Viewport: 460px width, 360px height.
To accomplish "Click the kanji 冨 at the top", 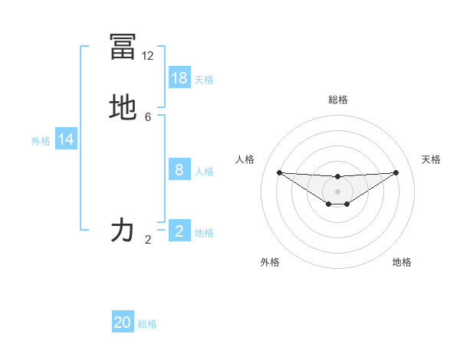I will (123, 47).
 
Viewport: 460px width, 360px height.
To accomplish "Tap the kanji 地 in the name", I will (123, 108).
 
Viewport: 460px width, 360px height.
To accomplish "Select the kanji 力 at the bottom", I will (123, 230).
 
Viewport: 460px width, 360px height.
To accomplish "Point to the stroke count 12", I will (148, 56).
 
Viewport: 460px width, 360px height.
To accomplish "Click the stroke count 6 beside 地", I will (148, 117).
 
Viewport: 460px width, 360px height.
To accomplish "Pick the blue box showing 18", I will (179, 78).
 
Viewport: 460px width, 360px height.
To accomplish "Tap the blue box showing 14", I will (66, 139).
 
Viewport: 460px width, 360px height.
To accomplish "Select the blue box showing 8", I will (179, 170).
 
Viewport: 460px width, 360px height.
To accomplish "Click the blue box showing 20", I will (123, 322).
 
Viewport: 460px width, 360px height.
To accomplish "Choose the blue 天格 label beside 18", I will (204, 79).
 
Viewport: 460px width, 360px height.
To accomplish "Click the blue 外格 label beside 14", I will (41, 140).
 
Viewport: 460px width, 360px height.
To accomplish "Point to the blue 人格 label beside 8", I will (204, 171).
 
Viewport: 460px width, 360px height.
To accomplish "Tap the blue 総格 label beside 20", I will (147, 323).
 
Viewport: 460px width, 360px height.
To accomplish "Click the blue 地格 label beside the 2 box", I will (204, 233).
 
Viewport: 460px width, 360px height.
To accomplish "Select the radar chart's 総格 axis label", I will (338, 100).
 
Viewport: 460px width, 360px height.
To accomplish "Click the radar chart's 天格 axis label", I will (432, 159).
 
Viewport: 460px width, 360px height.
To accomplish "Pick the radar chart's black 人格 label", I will (245, 159).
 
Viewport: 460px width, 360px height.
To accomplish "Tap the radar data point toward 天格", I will (396, 172).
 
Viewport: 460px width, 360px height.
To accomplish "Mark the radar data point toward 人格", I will (279, 172).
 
